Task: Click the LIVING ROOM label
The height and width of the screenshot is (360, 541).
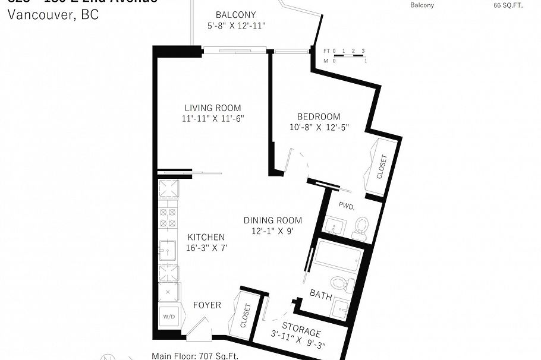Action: pos(212,108)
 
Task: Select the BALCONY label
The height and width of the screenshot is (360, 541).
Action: pos(235,15)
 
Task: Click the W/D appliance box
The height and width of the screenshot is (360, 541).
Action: pos(168,317)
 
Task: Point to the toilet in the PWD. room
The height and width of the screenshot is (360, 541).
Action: pos(360,227)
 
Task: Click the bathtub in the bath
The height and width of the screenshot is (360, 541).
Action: pos(338,257)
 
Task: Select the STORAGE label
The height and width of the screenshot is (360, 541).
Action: pos(301,330)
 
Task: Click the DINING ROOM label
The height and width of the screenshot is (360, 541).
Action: pos(272,220)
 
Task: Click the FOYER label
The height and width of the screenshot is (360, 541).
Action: pos(207,305)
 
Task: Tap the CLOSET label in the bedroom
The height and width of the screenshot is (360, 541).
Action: pos(382,168)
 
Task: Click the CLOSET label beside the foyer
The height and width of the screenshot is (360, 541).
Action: pos(244,316)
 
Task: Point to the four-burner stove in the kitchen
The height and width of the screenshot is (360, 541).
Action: pos(168,217)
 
